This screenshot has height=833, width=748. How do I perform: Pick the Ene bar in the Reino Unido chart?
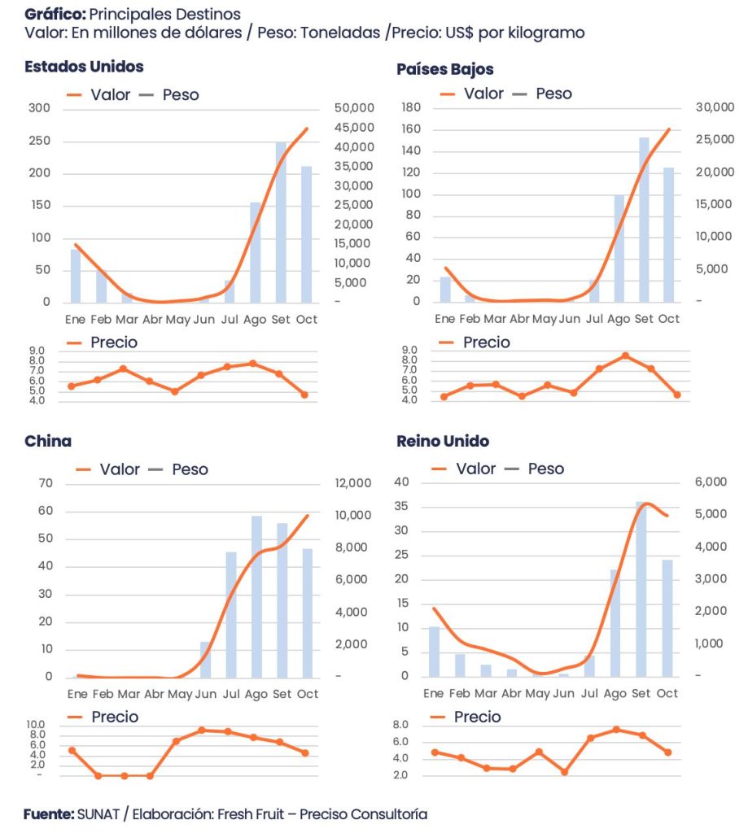[x=434, y=652]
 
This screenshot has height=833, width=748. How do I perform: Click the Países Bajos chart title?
[x=444, y=69]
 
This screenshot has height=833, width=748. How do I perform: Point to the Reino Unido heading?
[x=443, y=442]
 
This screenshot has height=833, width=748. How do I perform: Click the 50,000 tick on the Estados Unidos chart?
[x=352, y=108]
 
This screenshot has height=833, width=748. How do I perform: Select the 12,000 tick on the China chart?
[x=352, y=484]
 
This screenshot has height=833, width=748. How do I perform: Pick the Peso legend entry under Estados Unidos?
[x=180, y=94]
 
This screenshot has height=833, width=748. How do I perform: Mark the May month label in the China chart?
[x=179, y=694]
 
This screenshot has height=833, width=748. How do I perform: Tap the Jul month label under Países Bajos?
[x=594, y=318]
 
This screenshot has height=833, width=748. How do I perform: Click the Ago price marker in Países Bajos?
[x=625, y=355]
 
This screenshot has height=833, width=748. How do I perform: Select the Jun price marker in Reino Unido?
[x=564, y=772]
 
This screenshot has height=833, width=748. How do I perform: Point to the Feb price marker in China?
[x=98, y=776]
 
